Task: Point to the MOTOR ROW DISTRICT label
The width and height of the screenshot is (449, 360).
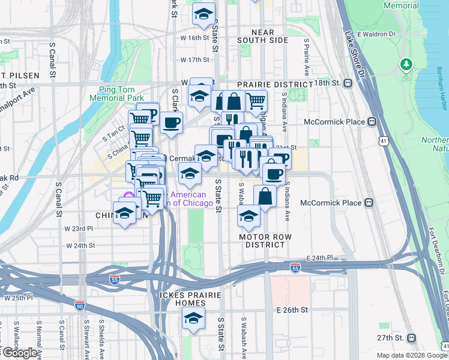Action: point(265,241)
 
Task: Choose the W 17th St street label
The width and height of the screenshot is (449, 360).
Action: point(194,60)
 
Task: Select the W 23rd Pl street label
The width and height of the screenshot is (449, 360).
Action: point(79,229)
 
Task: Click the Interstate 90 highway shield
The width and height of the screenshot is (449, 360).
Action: point(80,306)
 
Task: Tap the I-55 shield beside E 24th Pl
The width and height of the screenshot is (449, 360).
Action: point(295,268)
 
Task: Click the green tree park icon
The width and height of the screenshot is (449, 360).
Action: point(406,64)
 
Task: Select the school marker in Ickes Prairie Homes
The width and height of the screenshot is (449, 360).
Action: point(194,319)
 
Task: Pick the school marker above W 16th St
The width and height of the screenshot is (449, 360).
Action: point(203,13)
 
